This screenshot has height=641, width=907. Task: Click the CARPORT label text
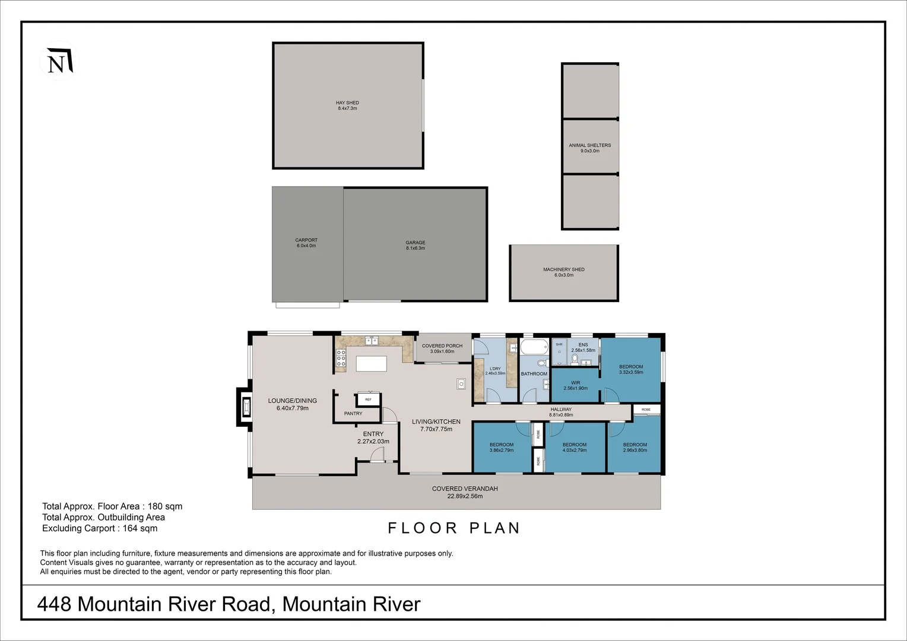(306, 240)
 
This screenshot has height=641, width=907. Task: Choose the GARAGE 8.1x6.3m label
(416, 245)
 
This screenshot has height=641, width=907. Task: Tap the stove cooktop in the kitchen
(341, 358)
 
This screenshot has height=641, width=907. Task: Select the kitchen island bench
(371, 363)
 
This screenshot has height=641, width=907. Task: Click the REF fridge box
(369, 399)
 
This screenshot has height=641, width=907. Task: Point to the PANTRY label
(353, 414)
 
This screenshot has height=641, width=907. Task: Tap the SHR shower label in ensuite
(559, 344)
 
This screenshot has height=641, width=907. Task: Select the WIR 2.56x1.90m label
(575, 385)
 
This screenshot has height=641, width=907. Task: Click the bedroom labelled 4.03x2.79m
(574, 447)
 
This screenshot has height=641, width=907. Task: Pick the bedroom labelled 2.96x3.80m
(635, 447)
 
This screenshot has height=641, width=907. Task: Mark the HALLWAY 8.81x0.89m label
(561, 412)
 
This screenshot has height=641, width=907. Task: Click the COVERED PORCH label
(442, 348)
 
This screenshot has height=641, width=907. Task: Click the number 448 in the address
(54, 604)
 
